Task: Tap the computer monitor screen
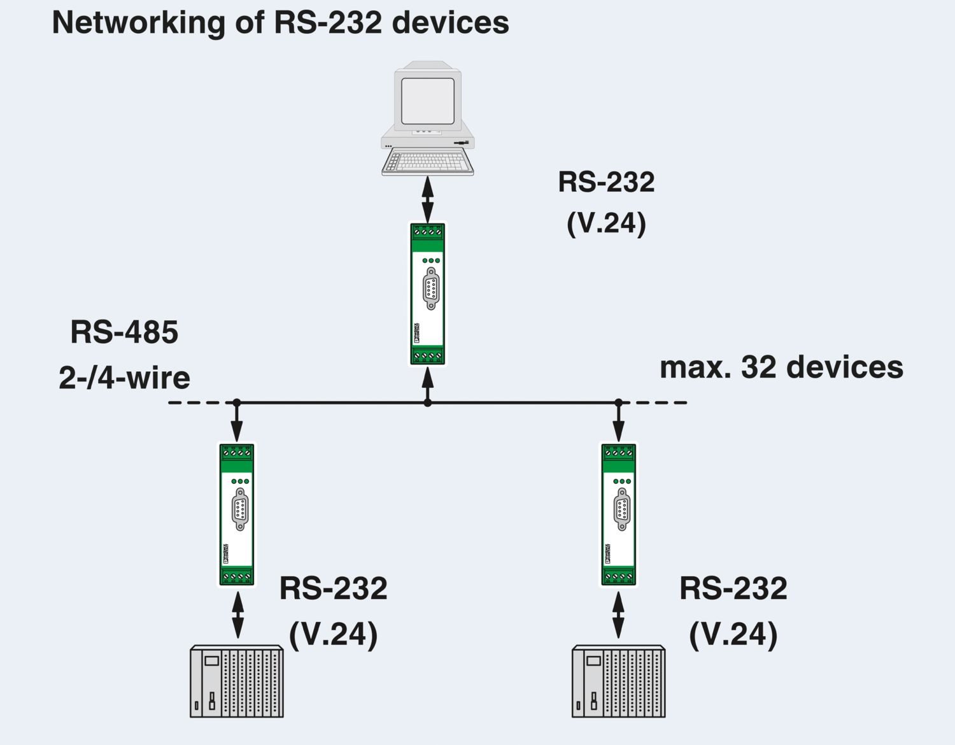(427, 101)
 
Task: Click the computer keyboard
(428, 162)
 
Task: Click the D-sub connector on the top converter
(431, 289)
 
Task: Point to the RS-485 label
(124, 332)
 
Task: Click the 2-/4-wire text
(124, 378)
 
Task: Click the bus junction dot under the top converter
(428, 402)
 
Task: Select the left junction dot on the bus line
(237, 402)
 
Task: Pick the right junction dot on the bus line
(618, 402)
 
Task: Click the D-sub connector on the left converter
(240, 509)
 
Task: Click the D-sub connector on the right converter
(622, 509)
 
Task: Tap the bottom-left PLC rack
(237, 681)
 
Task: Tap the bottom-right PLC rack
(618, 681)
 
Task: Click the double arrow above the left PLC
(237, 615)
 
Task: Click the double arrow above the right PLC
(618, 615)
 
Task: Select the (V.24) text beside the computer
(606, 223)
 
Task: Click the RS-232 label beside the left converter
(333, 588)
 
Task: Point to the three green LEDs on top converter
(431, 260)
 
